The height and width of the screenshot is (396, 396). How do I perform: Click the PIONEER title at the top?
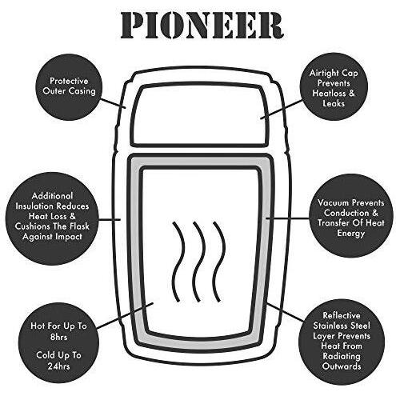pos(202,26)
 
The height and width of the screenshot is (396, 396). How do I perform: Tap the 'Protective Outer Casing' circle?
pos(69,86)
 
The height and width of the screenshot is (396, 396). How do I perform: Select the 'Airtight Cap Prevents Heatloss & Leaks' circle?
pos(334,86)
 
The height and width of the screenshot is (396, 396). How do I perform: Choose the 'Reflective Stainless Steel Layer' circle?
pos(342,341)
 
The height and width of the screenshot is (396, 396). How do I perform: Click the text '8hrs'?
pos(58,337)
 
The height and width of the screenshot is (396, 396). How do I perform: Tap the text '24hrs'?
pos(58,366)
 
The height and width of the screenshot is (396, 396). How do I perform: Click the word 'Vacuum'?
pos(333,202)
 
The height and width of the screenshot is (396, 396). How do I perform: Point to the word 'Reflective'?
pos(342,315)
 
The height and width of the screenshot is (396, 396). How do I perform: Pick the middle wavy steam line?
pos(198,262)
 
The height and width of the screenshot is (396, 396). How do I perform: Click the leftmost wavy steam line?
pos(178,262)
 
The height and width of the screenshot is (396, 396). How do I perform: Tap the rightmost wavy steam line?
pos(218,262)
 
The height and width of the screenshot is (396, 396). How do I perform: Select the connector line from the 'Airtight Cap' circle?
pos(282,109)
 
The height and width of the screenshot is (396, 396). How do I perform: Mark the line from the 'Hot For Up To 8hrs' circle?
pos(125,315)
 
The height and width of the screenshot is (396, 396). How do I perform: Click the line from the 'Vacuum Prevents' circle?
pos(287,218)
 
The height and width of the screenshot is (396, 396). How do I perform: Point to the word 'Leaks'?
pos(334,103)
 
